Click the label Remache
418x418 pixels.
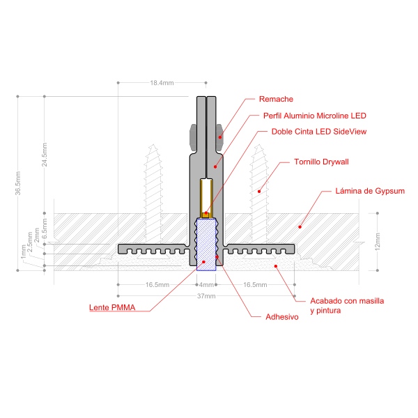276,99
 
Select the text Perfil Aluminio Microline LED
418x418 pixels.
315,116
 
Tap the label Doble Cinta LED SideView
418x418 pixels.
319,132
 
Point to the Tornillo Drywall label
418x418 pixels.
321,162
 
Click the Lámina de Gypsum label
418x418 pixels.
370,191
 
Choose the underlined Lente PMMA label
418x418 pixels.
112,307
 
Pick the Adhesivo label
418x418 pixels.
282,317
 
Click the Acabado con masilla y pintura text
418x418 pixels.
347,306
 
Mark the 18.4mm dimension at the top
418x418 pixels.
162,83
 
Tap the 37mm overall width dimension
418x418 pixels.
206,296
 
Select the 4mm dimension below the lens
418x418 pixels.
206,285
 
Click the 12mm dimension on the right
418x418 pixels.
378,242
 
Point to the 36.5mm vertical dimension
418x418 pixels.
17,183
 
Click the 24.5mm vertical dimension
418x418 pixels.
45,155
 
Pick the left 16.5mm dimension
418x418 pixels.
157,285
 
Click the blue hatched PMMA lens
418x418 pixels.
206,245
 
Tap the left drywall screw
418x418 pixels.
153,194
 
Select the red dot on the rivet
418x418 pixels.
220,137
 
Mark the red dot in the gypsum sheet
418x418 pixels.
300,227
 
